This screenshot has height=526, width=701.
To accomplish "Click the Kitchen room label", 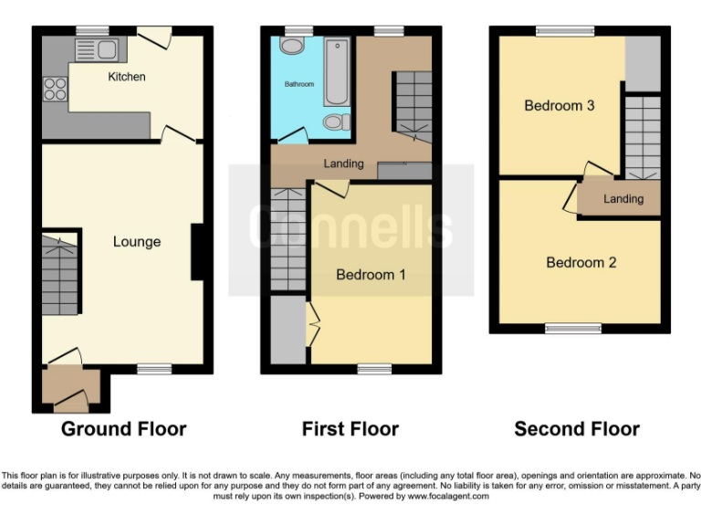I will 126,77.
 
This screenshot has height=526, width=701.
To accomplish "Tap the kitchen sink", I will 104,50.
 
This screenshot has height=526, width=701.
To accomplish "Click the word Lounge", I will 137,242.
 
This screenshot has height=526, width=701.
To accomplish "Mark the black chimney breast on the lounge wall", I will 196,252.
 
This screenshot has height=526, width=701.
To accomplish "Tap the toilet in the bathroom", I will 336,121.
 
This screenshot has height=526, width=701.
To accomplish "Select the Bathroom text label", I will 298,84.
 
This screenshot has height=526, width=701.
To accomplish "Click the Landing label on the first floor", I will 343,164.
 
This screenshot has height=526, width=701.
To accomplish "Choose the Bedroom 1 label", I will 371,275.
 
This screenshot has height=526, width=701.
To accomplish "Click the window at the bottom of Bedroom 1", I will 372,369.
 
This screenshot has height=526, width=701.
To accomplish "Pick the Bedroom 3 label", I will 560,106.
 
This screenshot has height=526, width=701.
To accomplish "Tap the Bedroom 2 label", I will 581,263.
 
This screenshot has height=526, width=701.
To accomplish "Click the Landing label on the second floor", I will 623,199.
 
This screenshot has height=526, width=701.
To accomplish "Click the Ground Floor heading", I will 123,429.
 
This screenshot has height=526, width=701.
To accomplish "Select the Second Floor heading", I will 577,429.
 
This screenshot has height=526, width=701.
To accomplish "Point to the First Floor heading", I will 350,429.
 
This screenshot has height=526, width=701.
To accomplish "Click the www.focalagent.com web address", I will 448,497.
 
